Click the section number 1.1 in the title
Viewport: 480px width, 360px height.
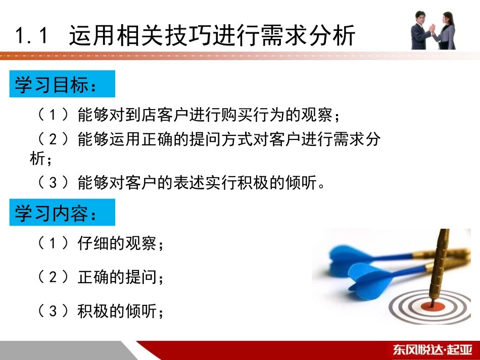click(x=31, y=36)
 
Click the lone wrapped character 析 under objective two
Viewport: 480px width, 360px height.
click(x=38, y=160)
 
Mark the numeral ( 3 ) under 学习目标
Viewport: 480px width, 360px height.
click(x=54, y=182)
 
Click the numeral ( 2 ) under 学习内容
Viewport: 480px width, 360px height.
click(x=54, y=277)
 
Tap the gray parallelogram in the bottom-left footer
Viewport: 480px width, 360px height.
click(x=66, y=350)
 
